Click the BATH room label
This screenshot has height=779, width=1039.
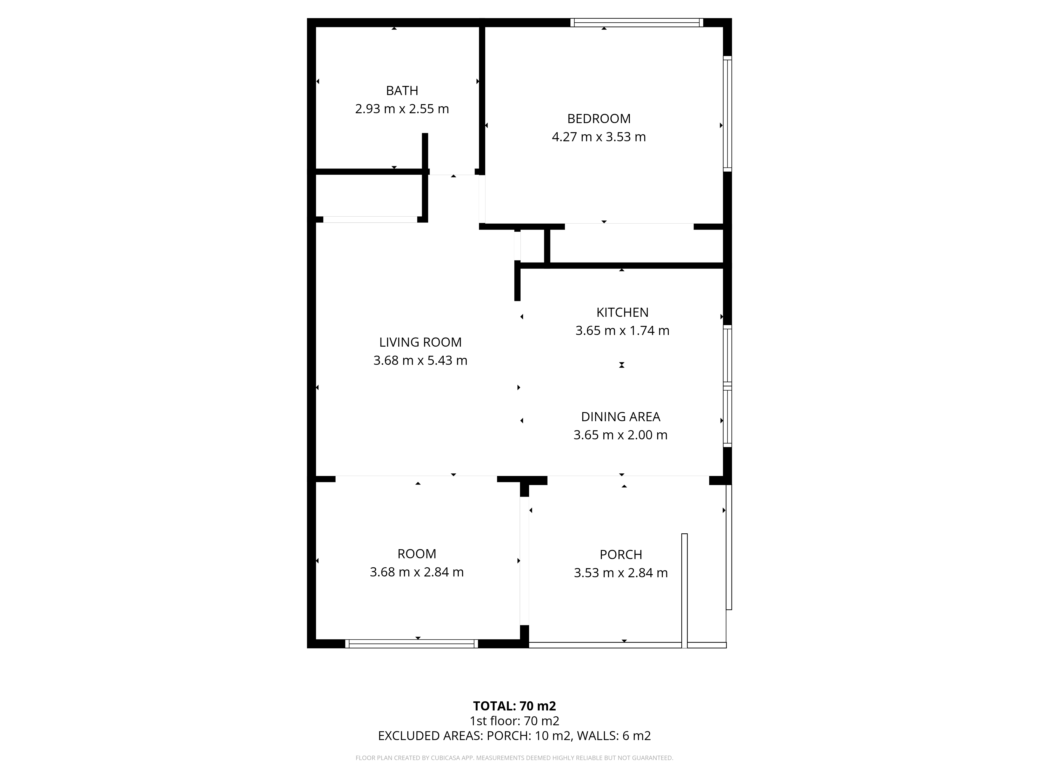[x=402, y=91]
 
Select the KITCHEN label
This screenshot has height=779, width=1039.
[x=622, y=312]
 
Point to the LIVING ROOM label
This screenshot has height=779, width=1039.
[x=420, y=342]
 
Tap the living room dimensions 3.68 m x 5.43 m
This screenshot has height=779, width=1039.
[x=420, y=361]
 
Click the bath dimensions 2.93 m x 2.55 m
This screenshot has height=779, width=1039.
[x=402, y=109]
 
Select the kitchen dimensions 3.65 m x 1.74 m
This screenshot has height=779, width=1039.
[x=622, y=331]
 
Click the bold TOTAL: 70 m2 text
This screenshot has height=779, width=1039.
[x=514, y=719]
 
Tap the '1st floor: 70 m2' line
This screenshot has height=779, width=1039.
[x=514, y=734]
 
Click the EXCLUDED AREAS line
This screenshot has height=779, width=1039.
[x=514, y=749]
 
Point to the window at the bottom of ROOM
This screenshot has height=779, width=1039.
[x=411, y=644]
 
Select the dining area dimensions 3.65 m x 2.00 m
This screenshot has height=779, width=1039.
[x=621, y=435]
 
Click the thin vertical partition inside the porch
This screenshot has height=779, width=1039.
[x=684, y=591]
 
